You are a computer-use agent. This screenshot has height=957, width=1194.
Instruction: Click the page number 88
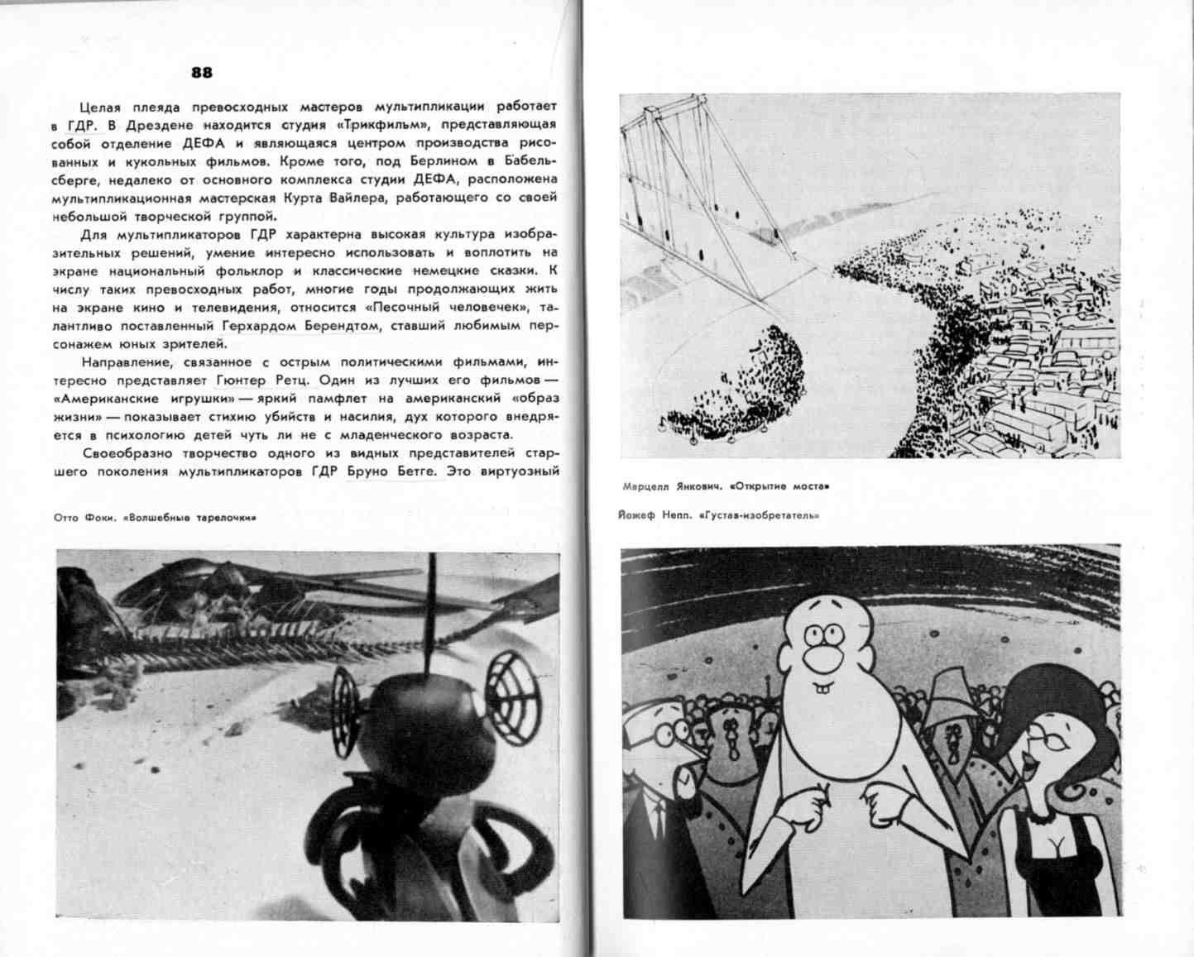coord(202,73)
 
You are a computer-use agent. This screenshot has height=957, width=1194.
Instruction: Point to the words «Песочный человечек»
coord(458,307)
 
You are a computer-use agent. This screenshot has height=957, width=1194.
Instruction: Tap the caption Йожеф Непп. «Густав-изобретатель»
coord(718,515)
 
